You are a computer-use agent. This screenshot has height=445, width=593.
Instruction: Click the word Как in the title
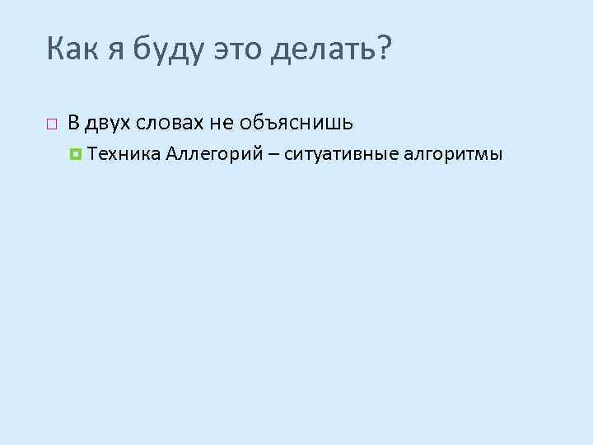click(74, 51)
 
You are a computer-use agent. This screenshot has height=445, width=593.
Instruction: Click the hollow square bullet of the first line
click(51, 124)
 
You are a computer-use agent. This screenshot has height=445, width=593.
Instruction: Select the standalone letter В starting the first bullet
click(73, 124)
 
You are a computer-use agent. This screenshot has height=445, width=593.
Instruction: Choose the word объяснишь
click(297, 124)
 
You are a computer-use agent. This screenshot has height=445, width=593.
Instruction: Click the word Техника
click(123, 153)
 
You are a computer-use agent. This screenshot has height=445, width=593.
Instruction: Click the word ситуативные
click(339, 154)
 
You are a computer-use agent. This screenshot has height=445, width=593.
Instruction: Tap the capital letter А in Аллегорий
click(171, 153)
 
